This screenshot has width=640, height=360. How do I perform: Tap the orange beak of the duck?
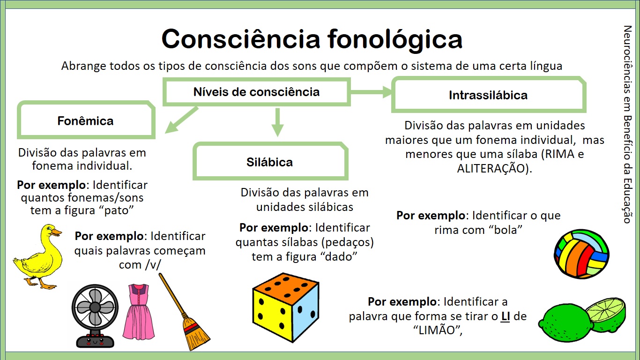(56, 232)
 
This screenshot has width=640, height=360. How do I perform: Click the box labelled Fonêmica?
(86, 121)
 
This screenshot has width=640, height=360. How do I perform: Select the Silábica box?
(270, 162)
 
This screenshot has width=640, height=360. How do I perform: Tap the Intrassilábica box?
(488, 95)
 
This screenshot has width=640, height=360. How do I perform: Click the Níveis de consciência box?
(256, 92)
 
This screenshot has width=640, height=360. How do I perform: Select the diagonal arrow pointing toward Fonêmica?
(182, 120)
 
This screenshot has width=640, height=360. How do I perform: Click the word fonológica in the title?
(394, 39)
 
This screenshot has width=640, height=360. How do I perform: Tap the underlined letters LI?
(506, 316)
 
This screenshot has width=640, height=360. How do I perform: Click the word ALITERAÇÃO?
(494, 168)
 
